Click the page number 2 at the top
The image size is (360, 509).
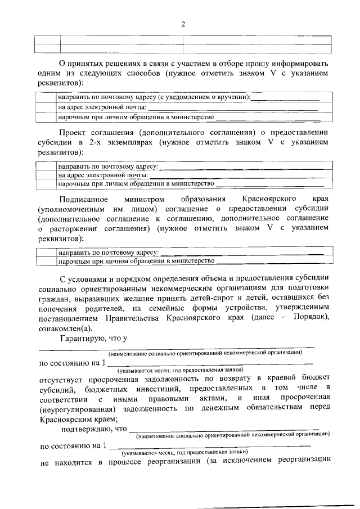click(x=183, y=24)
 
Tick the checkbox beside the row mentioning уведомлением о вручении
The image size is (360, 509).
click(x=46, y=97)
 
